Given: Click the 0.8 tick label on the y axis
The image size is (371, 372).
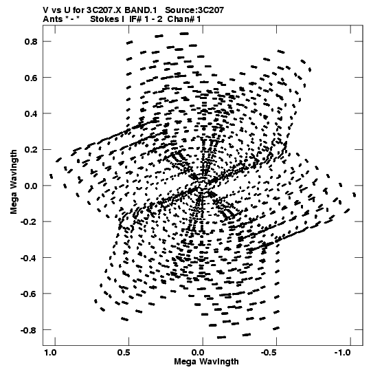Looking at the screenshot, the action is [31, 41].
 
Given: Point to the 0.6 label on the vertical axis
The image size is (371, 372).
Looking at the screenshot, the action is [31, 78].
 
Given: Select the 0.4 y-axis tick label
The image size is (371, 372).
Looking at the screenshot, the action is [31, 113].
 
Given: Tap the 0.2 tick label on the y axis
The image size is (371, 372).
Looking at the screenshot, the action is [31, 150].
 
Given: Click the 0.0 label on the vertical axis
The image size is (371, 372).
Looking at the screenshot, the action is [31, 186].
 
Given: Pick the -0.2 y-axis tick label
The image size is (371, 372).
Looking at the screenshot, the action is [29, 222].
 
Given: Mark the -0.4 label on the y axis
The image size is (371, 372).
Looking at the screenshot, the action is [29, 258].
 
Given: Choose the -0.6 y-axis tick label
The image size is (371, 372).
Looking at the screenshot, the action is [29, 294].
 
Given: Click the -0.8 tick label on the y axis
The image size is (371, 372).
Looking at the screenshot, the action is [29, 330].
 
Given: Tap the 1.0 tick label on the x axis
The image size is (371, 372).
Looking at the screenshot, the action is [50, 353].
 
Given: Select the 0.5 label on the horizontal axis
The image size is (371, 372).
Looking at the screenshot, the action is [124, 353].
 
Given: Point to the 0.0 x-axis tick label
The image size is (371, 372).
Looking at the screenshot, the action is [198, 353].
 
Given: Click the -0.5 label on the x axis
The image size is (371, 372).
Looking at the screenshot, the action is [270, 353].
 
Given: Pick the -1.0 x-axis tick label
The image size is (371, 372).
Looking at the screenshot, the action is [344, 353].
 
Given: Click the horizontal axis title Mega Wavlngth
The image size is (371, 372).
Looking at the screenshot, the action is [206, 362].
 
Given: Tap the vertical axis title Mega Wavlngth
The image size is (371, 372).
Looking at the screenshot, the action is [14, 182].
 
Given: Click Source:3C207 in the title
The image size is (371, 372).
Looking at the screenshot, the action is [194, 10].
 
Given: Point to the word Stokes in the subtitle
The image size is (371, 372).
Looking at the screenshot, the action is [105, 19].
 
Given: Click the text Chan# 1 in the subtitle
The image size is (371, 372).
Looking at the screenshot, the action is [184, 19].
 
